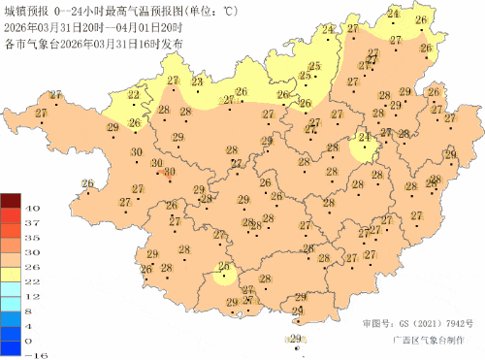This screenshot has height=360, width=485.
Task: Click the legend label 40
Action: click(32, 209)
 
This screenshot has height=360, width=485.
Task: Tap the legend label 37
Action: click(32, 223)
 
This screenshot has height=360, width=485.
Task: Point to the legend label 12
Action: click(32, 296)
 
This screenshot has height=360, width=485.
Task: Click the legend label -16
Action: click(32, 355)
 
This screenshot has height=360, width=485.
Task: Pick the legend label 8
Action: click(32, 311)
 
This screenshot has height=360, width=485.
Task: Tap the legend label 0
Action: click(32, 341)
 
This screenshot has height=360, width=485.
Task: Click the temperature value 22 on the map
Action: click(133, 95)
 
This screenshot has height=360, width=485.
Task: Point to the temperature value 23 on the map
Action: click(197, 84)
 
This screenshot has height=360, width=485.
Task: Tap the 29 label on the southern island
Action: click(295, 338)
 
